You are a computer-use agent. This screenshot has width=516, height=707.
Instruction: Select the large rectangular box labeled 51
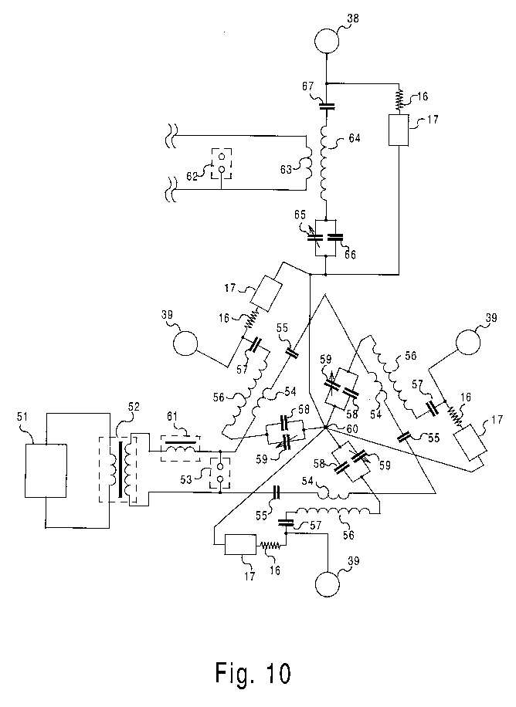point(46,470)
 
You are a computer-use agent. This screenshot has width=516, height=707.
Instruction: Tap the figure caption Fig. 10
point(253,673)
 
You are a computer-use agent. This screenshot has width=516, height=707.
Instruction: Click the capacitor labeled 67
point(327,107)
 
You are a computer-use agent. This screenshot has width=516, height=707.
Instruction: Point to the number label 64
point(355,138)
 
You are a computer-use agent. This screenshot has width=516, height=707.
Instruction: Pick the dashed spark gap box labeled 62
point(222,163)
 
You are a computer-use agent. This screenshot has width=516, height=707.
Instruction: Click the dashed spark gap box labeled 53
point(220,472)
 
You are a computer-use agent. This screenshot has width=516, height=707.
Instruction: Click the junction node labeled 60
point(324,427)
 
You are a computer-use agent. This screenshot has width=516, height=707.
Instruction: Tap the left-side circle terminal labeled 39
point(185,343)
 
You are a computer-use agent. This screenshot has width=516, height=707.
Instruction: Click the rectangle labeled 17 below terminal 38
point(399,130)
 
